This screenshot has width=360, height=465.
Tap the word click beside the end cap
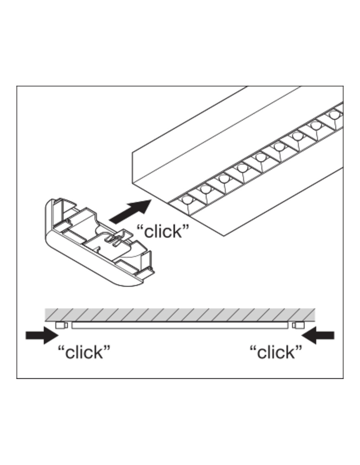click(163, 232)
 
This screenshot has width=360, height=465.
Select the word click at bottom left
click(84, 353)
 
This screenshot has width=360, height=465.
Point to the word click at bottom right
click(276, 353)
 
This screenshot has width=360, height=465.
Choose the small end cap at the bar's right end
click(298, 325)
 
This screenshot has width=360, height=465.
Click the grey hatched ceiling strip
click(180, 315)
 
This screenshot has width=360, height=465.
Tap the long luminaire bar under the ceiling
click(180, 325)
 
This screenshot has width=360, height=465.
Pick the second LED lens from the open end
click(206, 189)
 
